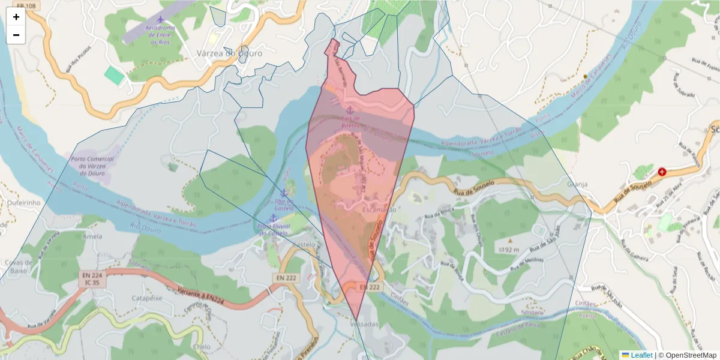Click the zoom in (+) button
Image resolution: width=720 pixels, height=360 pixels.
[x=16, y=17]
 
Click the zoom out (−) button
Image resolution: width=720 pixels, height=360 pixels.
[x=16, y=35]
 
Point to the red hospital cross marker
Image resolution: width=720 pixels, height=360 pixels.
[x=662, y=172]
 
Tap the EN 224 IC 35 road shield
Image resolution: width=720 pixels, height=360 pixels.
[x=91, y=278]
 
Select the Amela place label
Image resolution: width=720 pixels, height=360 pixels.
[x=92, y=236]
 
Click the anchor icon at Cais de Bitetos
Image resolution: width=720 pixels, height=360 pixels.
[x=349, y=110]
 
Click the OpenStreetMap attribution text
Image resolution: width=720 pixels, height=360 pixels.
[x=687, y=355]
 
